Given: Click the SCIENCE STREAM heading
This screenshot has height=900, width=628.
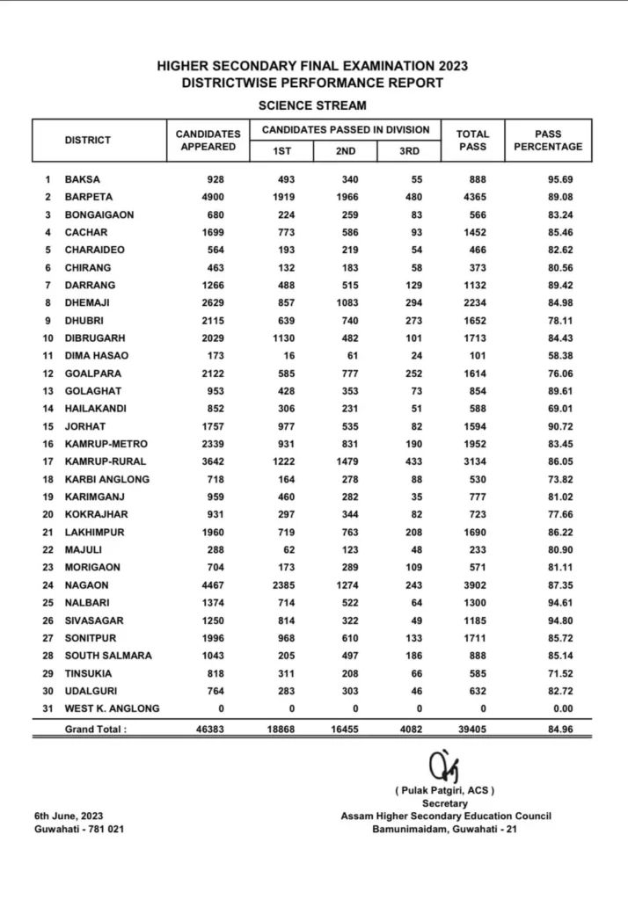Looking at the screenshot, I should click(312, 105).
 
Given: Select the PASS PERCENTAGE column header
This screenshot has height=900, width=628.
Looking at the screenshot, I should click(547, 141).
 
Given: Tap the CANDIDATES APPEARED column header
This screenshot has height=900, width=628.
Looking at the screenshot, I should click(208, 141).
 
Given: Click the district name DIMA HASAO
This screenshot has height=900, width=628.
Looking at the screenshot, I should click(96, 356).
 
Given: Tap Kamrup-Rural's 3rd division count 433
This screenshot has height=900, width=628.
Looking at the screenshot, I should click(411, 461).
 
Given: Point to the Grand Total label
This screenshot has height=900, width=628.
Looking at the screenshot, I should click(95, 729).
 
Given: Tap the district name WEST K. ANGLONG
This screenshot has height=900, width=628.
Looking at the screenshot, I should click(112, 709).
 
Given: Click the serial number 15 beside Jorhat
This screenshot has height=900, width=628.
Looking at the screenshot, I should click(47, 426).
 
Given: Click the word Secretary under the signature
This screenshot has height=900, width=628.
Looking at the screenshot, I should click(445, 803).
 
